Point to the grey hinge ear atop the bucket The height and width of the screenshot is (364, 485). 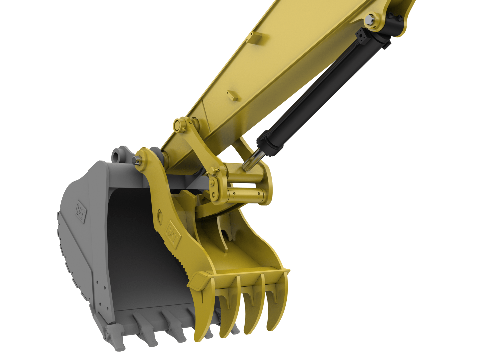(x=119, y=155)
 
